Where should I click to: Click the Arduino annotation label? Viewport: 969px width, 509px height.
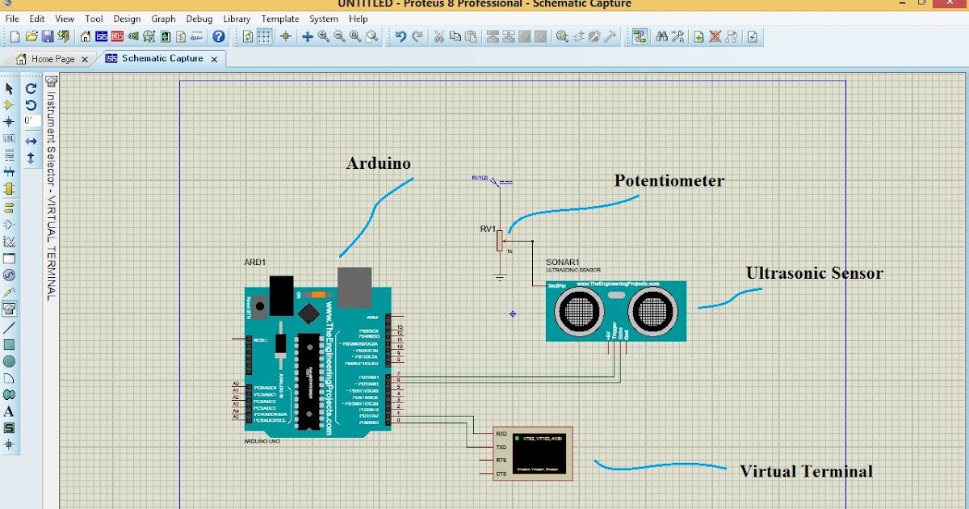(378, 163)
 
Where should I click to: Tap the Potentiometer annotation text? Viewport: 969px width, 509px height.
(669, 180)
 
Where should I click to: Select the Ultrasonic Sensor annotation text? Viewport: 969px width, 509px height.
(814, 273)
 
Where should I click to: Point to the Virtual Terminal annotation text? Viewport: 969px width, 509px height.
(806, 471)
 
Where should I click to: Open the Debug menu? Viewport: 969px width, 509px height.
(199, 19)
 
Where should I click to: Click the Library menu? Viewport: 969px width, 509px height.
(236, 19)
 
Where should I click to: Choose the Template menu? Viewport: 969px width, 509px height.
(279, 19)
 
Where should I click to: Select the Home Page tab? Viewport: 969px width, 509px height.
(52, 59)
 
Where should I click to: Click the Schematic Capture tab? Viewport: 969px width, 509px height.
(162, 59)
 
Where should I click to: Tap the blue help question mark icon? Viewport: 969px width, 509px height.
(219, 36)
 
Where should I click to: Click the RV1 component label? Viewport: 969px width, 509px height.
(488, 229)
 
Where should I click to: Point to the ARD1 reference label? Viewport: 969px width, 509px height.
(254, 263)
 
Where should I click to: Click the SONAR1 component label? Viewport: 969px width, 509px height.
(563, 263)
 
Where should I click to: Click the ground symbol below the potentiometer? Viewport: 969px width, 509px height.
(500, 278)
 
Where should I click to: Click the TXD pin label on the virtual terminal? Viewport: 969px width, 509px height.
(501, 447)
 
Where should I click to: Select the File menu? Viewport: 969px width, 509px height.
(12, 19)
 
